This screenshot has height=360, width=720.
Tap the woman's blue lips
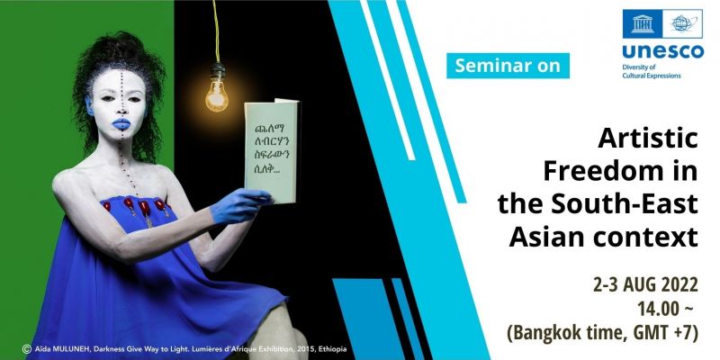click(121, 124)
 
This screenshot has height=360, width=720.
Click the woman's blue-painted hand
click(239, 206)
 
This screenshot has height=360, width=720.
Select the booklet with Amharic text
click(271, 150)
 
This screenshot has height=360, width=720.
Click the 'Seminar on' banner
click(508, 66)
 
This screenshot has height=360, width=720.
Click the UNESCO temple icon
click(643, 23)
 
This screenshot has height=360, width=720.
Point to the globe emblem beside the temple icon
click(683, 23)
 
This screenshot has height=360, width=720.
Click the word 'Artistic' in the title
click(648, 139)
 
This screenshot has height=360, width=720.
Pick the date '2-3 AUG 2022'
click(645, 285)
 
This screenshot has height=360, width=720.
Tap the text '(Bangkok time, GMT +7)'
click(602, 333)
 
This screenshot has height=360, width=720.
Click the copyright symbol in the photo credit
click(26, 349)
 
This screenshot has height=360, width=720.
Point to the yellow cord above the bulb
click(216, 31)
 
